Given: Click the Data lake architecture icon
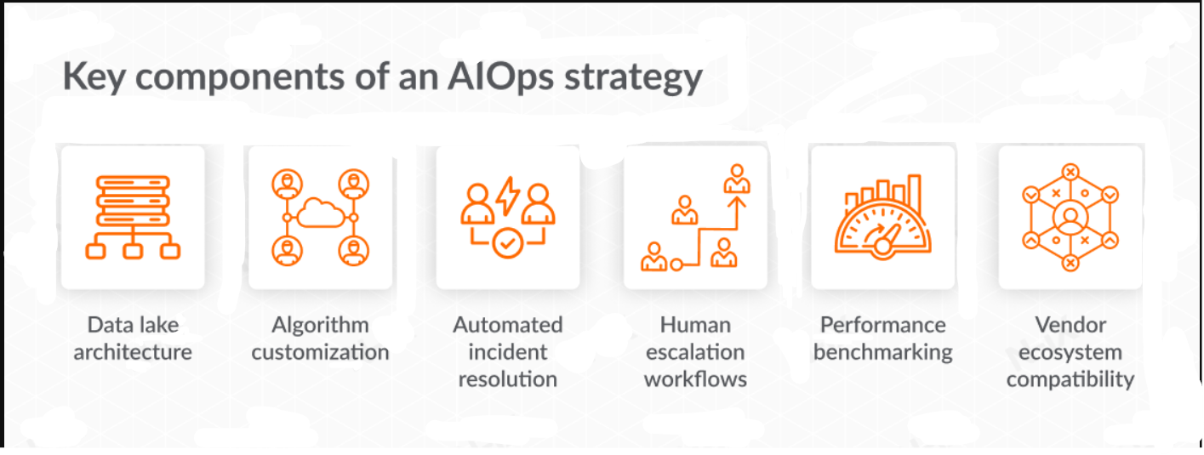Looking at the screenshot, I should point(133,217).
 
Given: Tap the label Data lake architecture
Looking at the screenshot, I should point(133,338).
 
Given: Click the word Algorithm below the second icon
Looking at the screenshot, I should point(320,325).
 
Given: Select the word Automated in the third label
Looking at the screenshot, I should point(508,325).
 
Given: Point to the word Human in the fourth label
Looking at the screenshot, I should point(695,325).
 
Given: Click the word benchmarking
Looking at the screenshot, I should point(882,352).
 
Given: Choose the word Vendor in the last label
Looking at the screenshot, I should point(1070,325).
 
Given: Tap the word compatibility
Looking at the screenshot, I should point(1070,379).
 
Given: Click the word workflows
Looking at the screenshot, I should point(695,379).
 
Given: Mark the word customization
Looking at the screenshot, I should point(320,352).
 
